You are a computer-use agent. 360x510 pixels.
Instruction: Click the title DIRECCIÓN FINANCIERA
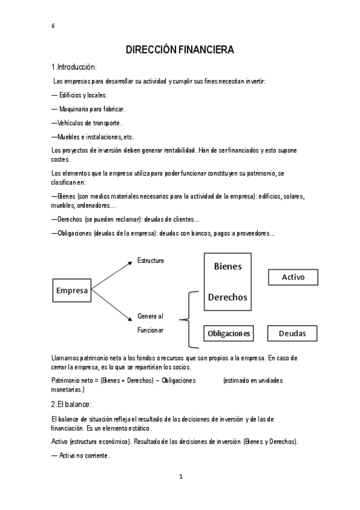click(180, 51)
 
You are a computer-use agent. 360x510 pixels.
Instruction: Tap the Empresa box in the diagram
click(72, 290)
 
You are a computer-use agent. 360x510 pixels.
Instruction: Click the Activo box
click(293, 277)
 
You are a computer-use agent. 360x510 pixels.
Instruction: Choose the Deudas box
click(293, 333)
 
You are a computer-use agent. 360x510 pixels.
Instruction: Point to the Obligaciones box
click(228, 333)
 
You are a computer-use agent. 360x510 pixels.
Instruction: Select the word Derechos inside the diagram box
click(228, 297)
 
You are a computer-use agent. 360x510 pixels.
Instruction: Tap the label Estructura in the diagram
click(150, 260)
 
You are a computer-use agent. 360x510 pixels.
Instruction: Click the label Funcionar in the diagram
click(150, 330)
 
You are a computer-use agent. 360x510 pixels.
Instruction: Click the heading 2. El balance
click(72, 404)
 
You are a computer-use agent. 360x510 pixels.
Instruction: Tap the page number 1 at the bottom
click(180, 477)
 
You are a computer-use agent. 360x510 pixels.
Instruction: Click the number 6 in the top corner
click(53, 25)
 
